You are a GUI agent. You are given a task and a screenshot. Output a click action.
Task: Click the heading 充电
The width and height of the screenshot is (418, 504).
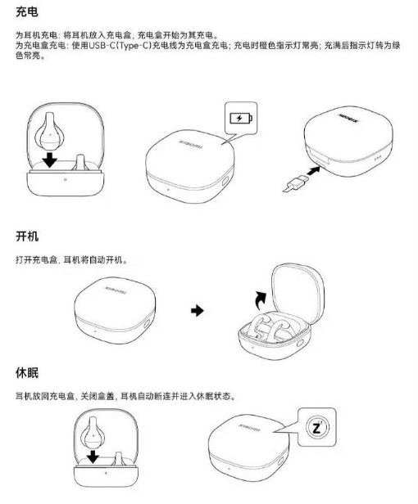tap(27, 12)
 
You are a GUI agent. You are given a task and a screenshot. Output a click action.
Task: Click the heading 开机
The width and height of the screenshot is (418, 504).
tap(27, 236)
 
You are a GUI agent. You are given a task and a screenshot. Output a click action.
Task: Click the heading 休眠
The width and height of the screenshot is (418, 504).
tap(27, 373)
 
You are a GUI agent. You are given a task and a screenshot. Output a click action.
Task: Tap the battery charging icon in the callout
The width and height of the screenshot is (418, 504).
tap(241, 118)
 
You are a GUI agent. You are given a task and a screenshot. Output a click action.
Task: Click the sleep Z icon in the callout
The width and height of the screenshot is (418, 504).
tap(317, 427)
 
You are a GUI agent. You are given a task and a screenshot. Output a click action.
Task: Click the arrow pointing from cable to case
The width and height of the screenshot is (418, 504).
tap(313, 170)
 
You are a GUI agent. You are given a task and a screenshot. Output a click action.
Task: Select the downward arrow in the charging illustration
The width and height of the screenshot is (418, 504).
tap(50, 160)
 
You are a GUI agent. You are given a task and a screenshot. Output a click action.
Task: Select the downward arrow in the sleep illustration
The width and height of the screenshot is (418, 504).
tap(93, 457)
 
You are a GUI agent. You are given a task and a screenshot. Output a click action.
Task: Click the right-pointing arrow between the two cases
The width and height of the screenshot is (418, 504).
tap(197, 311)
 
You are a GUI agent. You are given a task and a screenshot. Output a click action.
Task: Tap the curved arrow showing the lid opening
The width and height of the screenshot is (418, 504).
tap(261, 299)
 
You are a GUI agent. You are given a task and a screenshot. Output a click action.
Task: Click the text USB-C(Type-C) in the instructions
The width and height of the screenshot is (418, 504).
tap(120, 45)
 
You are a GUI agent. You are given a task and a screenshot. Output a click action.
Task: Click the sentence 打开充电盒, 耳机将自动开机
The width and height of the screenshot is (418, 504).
tap(71, 259)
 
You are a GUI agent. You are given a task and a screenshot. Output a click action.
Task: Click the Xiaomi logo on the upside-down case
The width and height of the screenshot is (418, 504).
tap(348, 119)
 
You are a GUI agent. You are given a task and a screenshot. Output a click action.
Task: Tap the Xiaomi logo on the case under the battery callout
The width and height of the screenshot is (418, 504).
tap(191, 144)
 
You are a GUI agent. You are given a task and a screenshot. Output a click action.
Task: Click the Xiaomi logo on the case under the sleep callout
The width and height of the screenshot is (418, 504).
tap(249, 427)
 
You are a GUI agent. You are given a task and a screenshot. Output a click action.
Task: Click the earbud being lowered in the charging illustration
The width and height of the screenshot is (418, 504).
tap(50, 132)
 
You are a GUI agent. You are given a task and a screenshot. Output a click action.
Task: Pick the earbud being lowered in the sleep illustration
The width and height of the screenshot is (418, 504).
tap(93, 433)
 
